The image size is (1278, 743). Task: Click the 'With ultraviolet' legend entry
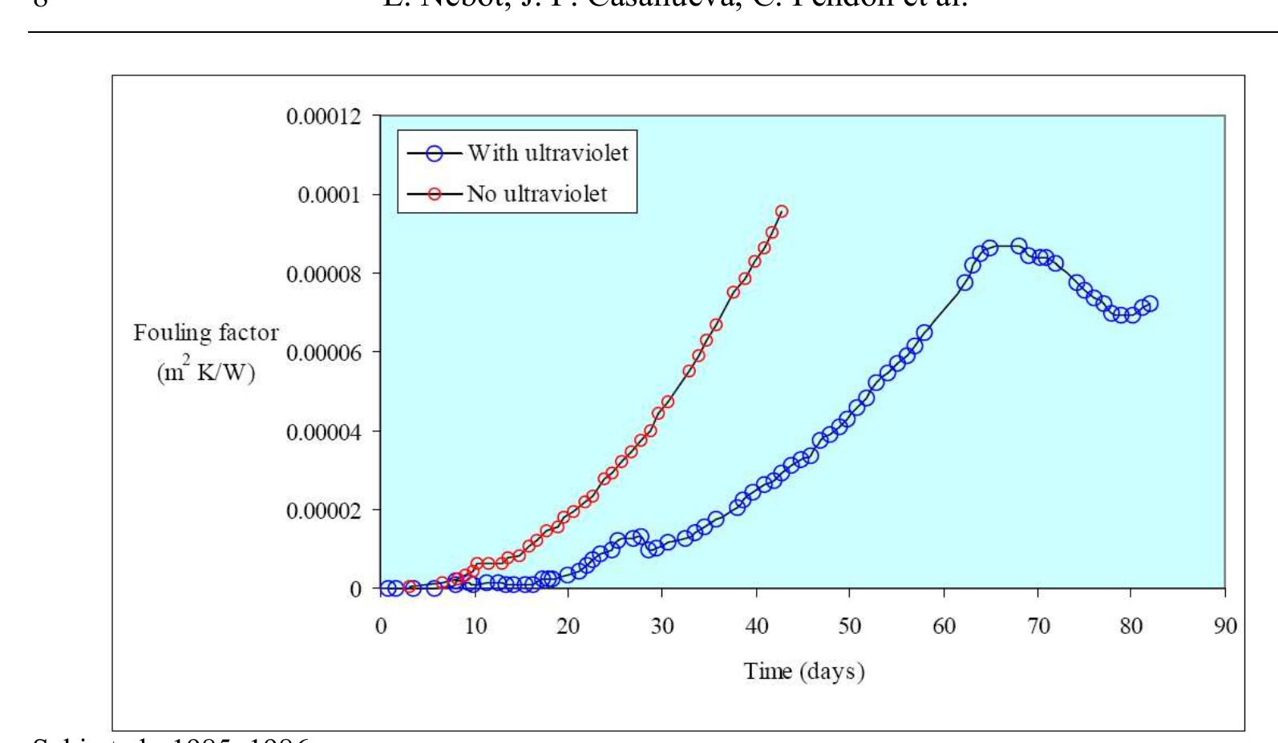pos(548,152)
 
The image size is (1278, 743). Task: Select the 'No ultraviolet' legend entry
pos(536,194)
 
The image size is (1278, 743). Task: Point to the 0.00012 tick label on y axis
pos(325,117)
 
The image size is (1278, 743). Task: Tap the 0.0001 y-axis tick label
pos(330,196)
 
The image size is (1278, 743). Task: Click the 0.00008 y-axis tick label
pos(325,274)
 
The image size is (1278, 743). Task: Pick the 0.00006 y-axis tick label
pos(325,353)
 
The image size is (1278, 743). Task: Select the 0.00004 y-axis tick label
pos(325,432)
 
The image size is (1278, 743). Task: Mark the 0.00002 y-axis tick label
pos(325,511)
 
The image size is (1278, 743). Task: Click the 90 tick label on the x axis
pos(1225,626)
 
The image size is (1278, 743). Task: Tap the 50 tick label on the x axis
pos(850,626)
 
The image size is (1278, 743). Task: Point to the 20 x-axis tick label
pos(568,626)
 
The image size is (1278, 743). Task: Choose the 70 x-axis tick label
pos(1037,626)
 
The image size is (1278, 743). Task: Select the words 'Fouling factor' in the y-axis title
pos(206,333)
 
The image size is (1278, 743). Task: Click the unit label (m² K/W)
pos(206,374)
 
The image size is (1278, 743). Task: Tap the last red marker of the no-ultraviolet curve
pos(782,212)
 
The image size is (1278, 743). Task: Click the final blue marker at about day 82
pos(1150,304)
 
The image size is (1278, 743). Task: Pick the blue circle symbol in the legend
pos(435,152)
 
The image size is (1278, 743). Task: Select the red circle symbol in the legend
pos(435,194)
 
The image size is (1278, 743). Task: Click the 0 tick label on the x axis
pos(381,626)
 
